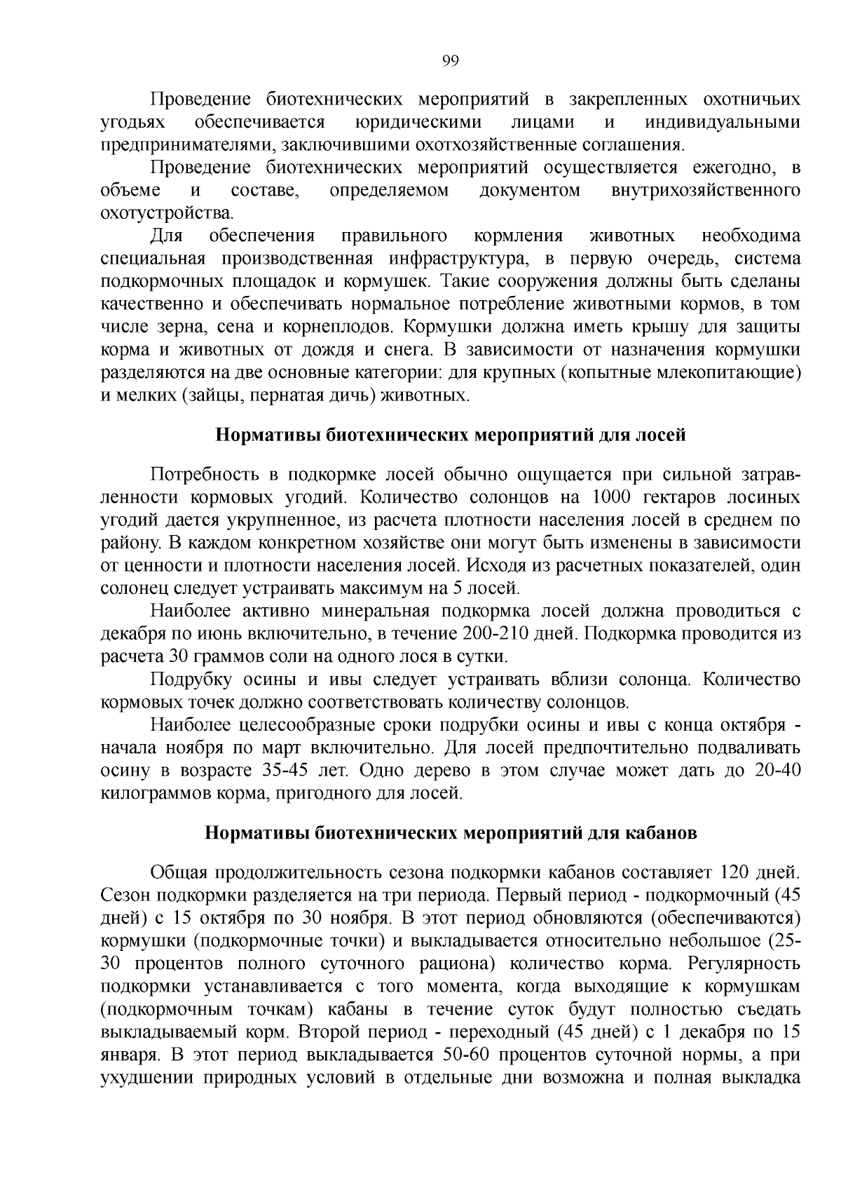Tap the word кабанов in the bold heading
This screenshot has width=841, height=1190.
click(663, 834)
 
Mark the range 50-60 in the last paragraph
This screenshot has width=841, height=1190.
click(467, 1055)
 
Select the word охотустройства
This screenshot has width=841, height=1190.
click(165, 213)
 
